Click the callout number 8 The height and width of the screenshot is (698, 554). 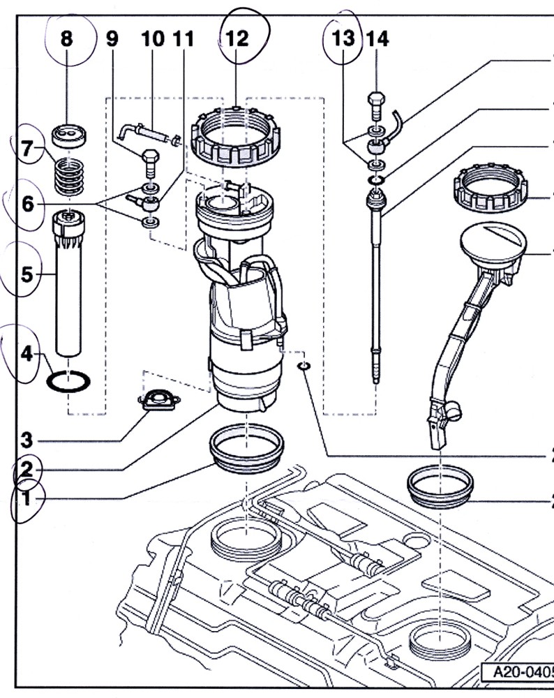tap(66, 38)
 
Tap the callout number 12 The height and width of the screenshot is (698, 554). tap(238, 38)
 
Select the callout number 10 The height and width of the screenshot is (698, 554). tap(153, 38)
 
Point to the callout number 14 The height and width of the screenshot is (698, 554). tap(377, 38)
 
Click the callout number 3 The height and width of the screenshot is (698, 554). tap(26, 440)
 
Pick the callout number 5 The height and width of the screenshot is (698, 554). tap(27, 274)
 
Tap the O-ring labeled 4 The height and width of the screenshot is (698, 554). tap(68, 382)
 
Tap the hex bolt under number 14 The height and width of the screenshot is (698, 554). tap(375, 105)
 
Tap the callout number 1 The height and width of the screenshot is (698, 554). tap(26, 498)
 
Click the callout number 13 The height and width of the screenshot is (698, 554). tap(343, 38)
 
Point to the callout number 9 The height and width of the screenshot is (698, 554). tap(112, 38)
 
